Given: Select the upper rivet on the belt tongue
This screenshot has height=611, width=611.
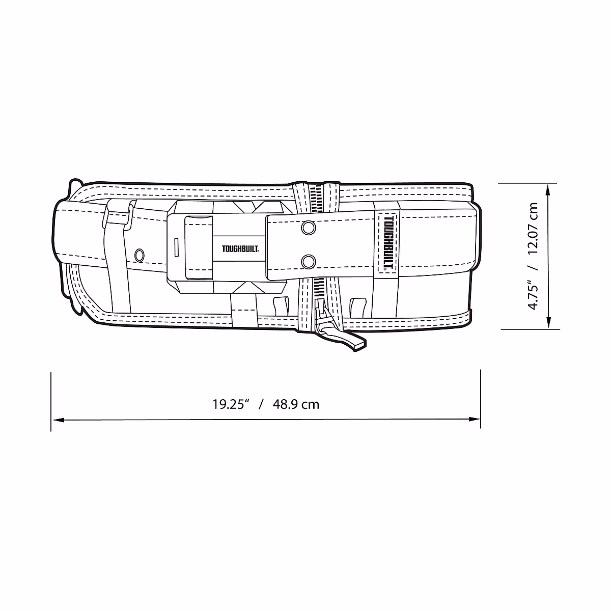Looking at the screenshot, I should pos(308,227).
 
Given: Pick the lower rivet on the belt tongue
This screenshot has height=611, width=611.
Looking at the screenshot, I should pos(308,262).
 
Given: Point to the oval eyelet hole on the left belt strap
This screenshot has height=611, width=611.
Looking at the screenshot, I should pos(140,254).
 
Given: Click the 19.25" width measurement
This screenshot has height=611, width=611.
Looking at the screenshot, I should pos(230,404).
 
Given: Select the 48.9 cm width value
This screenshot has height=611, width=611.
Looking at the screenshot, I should pos(296,404).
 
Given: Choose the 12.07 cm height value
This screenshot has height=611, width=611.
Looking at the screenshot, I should pos(534,229).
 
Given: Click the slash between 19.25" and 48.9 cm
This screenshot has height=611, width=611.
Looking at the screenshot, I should pos(261,404).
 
